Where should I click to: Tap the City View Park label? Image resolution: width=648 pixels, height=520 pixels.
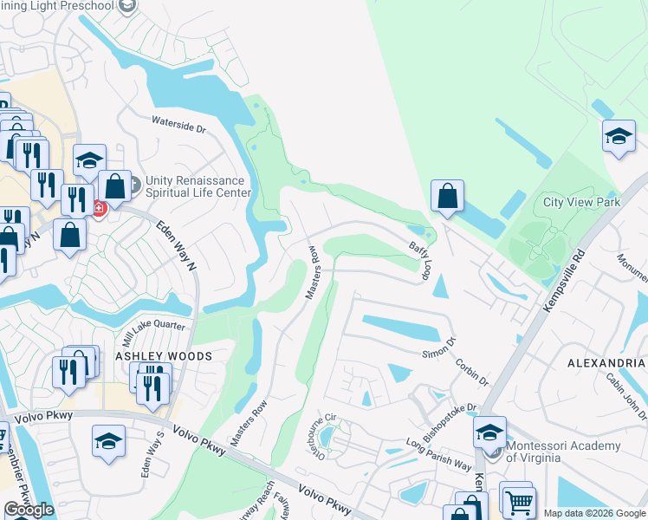coord(581,202)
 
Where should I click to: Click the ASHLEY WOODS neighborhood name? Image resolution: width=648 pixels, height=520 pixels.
coord(165,356)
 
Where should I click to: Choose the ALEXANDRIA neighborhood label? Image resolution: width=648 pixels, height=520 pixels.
coord(606,362)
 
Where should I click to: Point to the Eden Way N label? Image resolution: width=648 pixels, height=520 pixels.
coord(177,246)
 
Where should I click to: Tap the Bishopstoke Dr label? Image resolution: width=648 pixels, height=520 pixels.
coord(449,418)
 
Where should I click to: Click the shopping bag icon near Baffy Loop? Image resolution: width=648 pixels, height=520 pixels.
coord(447,197)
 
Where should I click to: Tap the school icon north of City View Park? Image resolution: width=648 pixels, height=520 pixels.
coord(619,137)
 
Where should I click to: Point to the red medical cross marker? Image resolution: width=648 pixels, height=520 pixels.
coord(99,209)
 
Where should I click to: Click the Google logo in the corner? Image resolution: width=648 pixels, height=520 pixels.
coord(29,510)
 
